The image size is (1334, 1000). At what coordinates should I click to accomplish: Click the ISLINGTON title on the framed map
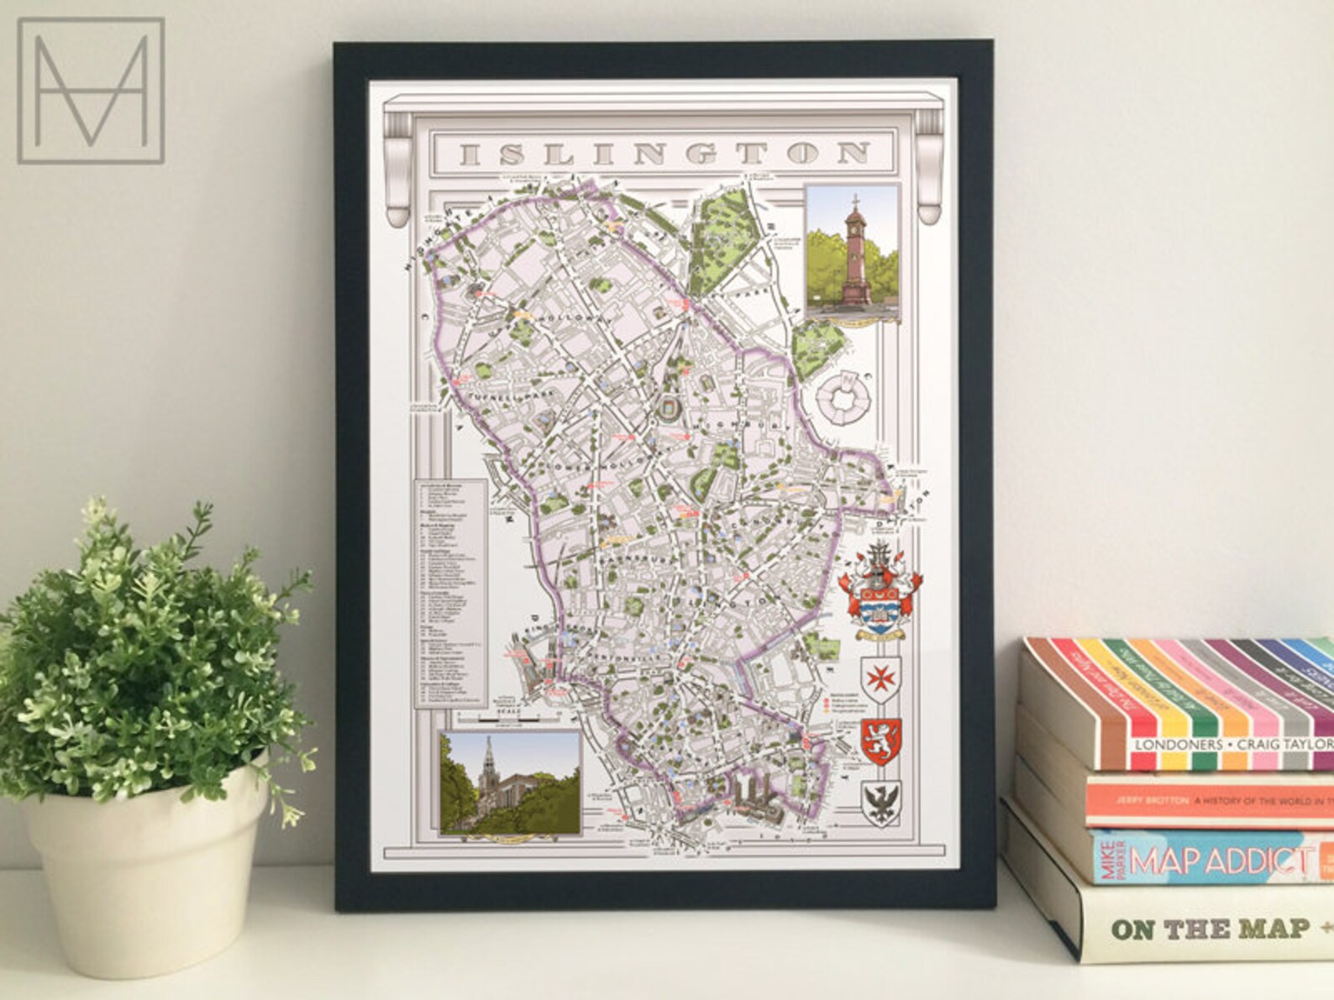coord(664,154)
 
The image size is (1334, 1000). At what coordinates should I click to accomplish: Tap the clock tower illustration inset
coord(852,253)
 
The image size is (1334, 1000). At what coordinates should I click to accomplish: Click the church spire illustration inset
coord(509,783)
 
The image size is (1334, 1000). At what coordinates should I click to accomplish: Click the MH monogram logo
coord(91,90)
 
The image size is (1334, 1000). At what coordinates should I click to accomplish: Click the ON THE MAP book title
coord(1210,929)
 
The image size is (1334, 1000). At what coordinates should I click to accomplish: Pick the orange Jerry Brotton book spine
coord(1210,801)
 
